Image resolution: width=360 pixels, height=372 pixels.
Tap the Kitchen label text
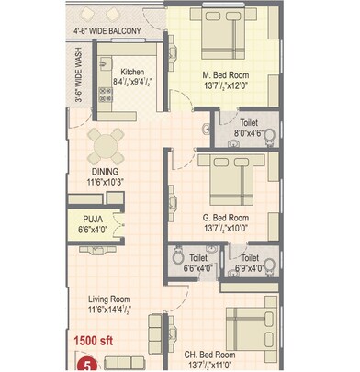pos(131,71)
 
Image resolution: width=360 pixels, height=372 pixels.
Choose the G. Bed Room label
pos(226,217)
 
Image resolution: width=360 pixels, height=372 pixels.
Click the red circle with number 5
pos(88,364)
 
